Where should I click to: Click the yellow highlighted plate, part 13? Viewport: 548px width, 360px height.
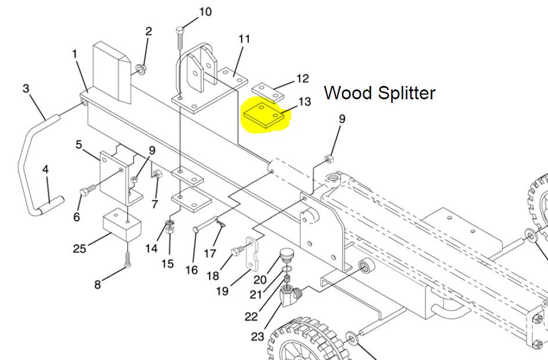point(264,114)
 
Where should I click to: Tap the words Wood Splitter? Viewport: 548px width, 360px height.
point(379,93)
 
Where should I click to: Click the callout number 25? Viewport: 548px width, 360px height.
point(80,249)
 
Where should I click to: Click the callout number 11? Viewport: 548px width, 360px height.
point(244,39)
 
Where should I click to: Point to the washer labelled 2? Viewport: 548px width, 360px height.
point(141,70)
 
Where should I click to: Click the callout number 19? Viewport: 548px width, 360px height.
point(223,290)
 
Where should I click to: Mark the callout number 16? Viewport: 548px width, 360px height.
point(192,270)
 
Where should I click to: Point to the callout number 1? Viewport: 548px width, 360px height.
point(74,54)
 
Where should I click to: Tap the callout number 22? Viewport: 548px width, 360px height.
point(251,316)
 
